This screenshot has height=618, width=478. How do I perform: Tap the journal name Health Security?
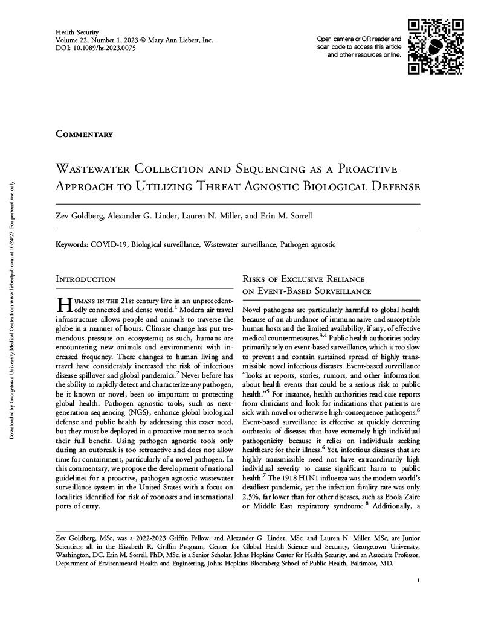(x=77, y=31)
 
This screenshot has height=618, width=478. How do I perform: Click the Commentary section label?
(x=85, y=134)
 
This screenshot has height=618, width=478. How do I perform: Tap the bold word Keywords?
(x=71, y=245)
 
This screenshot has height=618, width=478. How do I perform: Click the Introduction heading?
(x=86, y=279)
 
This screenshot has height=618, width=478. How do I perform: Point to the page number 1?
(x=418, y=580)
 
